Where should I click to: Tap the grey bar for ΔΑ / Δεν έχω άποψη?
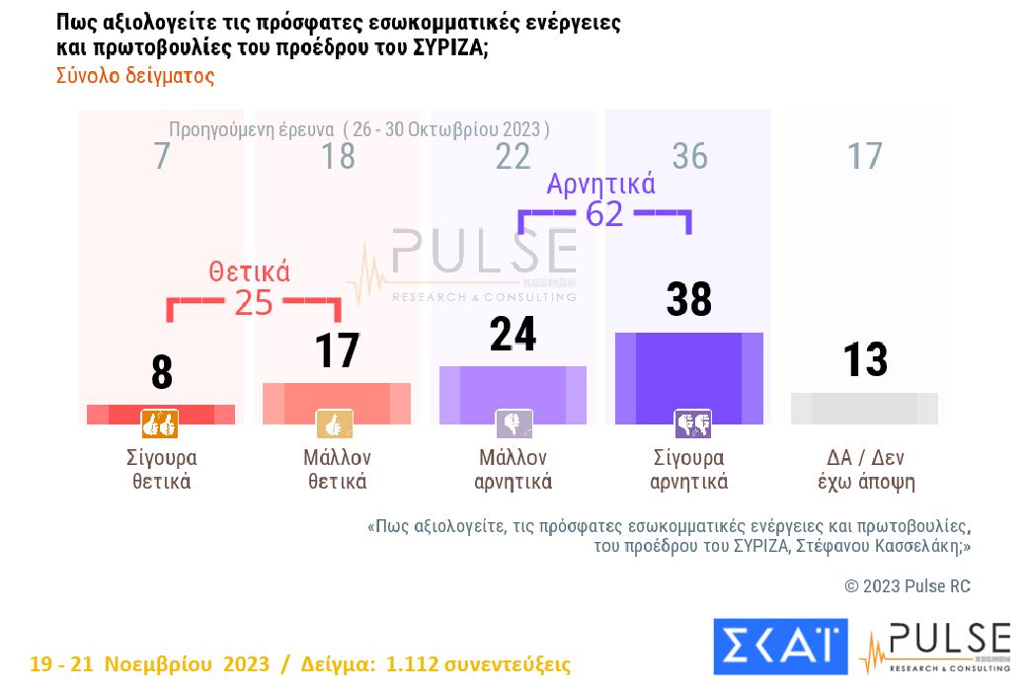click(x=864, y=408)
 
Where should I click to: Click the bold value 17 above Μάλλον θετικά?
click(x=337, y=351)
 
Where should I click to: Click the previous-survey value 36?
click(x=689, y=156)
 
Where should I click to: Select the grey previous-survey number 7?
click(x=162, y=156)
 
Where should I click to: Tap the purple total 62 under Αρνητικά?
click(x=604, y=213)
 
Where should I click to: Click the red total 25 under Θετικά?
click(x=253, y=303)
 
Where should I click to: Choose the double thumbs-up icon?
click(x=160, y=424)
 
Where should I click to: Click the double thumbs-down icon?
click(x=692, y=424)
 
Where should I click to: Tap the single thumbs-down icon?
click(x=514, y=424)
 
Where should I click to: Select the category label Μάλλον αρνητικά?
click(x=513, y=470)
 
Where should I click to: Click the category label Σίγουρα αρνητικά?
click(x=689, y=470)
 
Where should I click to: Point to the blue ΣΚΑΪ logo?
click(x=780, y=647)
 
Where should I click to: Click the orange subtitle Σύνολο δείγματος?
click(x=134, y=76)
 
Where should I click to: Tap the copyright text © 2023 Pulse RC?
click(x=908, y=586)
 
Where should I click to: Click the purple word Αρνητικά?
click(x=601, y=184)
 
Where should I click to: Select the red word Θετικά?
click(x=249, y=271)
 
